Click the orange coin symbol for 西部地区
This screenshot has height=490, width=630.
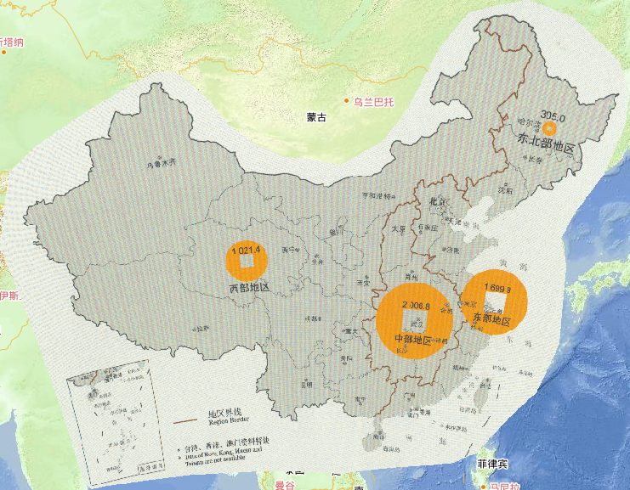[x=247, y=262]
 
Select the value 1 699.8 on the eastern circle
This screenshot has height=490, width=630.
[x=497, y=289]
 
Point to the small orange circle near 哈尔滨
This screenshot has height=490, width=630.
[x=549, y=129]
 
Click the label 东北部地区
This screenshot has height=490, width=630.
[x=545, y=147]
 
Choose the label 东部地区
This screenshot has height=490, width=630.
[x=491, y=320]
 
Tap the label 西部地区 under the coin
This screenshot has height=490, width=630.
[x=249, y=289]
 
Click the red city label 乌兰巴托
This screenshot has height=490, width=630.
[x=374, y=102]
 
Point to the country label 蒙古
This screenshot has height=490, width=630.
[x=316, y=118]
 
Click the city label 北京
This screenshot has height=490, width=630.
[x=439, y=202]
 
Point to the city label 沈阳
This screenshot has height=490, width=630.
[x=505, y=190]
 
